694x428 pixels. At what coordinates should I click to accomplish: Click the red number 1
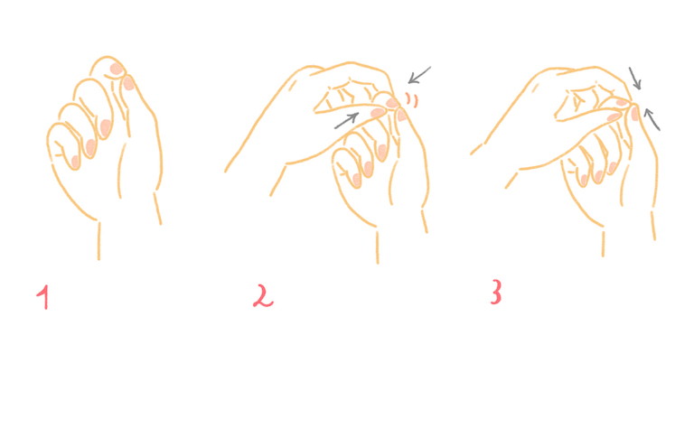click(43, 297)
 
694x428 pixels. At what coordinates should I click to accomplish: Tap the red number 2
click(263, 296)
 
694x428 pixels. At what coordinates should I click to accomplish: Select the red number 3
click(496, 292)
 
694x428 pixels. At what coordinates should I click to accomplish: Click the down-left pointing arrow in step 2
click(418, 75)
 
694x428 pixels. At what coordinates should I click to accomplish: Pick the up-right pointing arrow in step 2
click(347, 121)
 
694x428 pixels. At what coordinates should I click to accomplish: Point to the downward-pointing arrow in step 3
click(635, 79)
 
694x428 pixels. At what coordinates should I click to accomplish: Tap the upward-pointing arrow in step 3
click(652, 119)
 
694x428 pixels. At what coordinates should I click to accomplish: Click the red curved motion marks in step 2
click(412, 100)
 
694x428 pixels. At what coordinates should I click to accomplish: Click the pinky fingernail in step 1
click(76, 162)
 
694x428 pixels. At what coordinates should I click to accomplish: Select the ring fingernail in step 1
click(90, 148)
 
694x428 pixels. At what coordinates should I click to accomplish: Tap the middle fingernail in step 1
click(106, 128)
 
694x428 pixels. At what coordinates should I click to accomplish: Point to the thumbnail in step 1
click(128, 83)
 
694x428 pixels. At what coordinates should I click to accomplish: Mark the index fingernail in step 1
click(117, 69)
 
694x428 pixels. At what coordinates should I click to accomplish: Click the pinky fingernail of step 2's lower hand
click(357, 180)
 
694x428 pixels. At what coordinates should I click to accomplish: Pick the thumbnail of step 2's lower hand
click(401, 115)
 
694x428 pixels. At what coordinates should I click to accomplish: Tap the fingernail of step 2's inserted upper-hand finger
click(378, 112)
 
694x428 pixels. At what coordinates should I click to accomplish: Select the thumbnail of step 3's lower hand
click(635, 114)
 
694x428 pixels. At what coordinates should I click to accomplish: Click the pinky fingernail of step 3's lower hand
click(584, 180)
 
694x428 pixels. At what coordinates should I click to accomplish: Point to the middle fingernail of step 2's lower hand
click(382, 152)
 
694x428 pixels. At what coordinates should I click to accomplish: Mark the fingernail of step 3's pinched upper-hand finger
click(614, 116)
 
